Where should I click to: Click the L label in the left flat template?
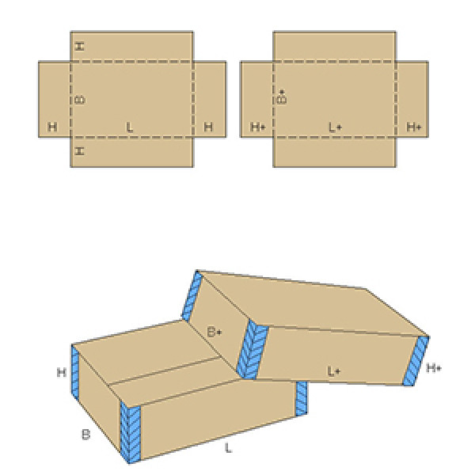[x=130, y=127]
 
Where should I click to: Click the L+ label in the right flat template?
[x=336, y=127]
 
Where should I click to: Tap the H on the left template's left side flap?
[x=52, y=127]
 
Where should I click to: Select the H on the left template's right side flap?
[x=208, y=127]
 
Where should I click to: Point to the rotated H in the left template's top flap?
[x=79, y=47]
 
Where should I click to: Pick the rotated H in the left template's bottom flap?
[x=79, y=151]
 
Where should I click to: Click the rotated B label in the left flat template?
[x=80, y=100]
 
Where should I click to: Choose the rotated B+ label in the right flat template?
[x=282, y=97]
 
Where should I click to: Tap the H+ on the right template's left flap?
[x=258, y=127]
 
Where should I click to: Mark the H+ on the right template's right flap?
[x=414, y=127]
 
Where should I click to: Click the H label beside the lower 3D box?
[x=62, y=372]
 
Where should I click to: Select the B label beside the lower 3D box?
[x=86, y=435]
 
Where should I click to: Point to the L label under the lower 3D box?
[x=229, y=447]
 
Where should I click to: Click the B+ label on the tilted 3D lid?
[x=215, y=332]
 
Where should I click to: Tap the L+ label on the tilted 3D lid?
[x=333, y=371]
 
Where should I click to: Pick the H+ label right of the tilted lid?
[x=434, y=368]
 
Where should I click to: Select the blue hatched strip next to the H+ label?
[x=416, y=360]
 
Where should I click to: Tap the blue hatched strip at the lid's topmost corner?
[x=192, y=295]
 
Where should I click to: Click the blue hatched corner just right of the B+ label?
[x=252, y=349]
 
